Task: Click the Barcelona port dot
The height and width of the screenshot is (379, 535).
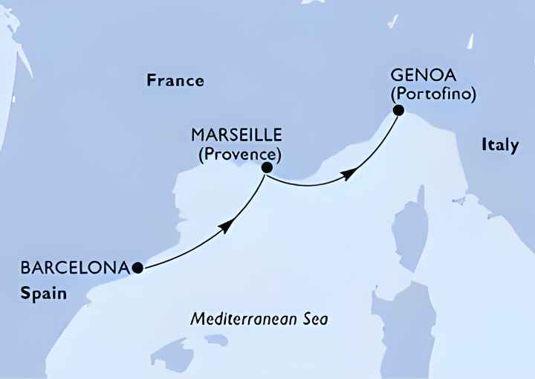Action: (x=137, y=267)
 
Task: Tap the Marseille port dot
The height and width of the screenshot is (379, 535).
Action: (x=266, y=169)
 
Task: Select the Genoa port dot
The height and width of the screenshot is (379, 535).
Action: (x=398, y=111)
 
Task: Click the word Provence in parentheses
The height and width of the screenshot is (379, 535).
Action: (x=239, y=155)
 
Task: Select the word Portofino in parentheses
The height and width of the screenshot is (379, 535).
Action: (x=432, y=95)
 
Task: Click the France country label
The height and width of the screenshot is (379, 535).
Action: (x=175, y=80)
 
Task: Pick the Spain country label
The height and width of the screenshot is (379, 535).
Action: (x=44, y=293)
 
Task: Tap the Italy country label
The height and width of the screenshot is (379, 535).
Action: (x=499, y=146)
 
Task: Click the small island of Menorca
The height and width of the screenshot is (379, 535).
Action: (x=216, y=340)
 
